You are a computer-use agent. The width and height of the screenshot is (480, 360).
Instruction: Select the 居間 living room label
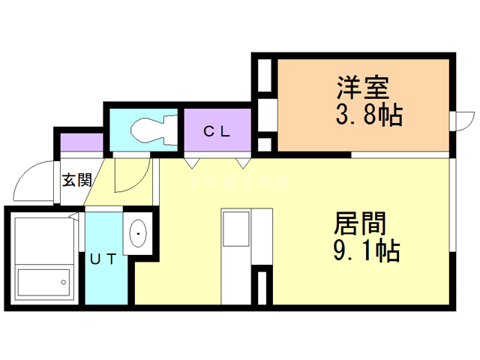coord(360,223)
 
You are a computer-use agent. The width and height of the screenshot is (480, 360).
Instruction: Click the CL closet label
coord(217,131)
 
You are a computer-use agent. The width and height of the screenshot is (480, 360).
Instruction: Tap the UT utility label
coord(103,259)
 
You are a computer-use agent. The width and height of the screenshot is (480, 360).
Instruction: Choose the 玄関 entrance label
coord(76,180)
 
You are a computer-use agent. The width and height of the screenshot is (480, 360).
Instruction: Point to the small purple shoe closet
coord(81,141)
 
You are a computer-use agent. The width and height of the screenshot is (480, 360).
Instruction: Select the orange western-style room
coord(364,105)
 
